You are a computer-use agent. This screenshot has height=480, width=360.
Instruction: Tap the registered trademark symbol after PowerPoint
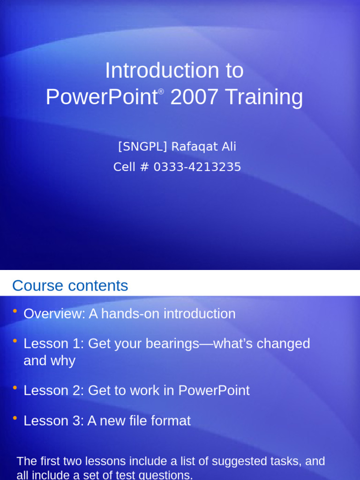(x=161, y=91)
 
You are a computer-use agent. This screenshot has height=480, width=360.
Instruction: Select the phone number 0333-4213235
(x=197, y=167)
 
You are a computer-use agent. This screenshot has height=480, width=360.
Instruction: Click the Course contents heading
(x=70, y=285)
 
